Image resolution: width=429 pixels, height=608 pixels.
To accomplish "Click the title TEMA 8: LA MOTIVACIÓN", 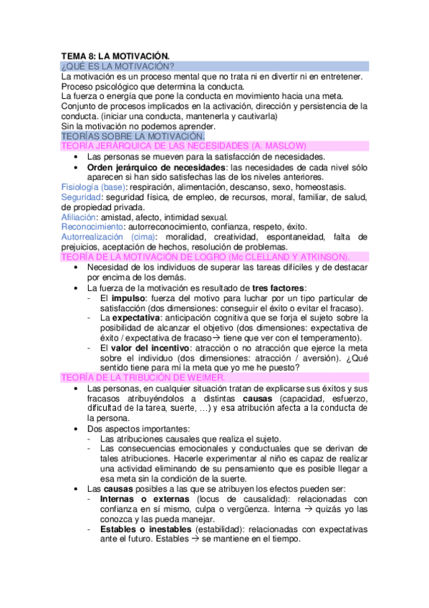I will click(x=115, y=54).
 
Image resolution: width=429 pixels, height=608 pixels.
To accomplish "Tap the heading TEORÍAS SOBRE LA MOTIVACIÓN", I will click(x=133, y=135).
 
